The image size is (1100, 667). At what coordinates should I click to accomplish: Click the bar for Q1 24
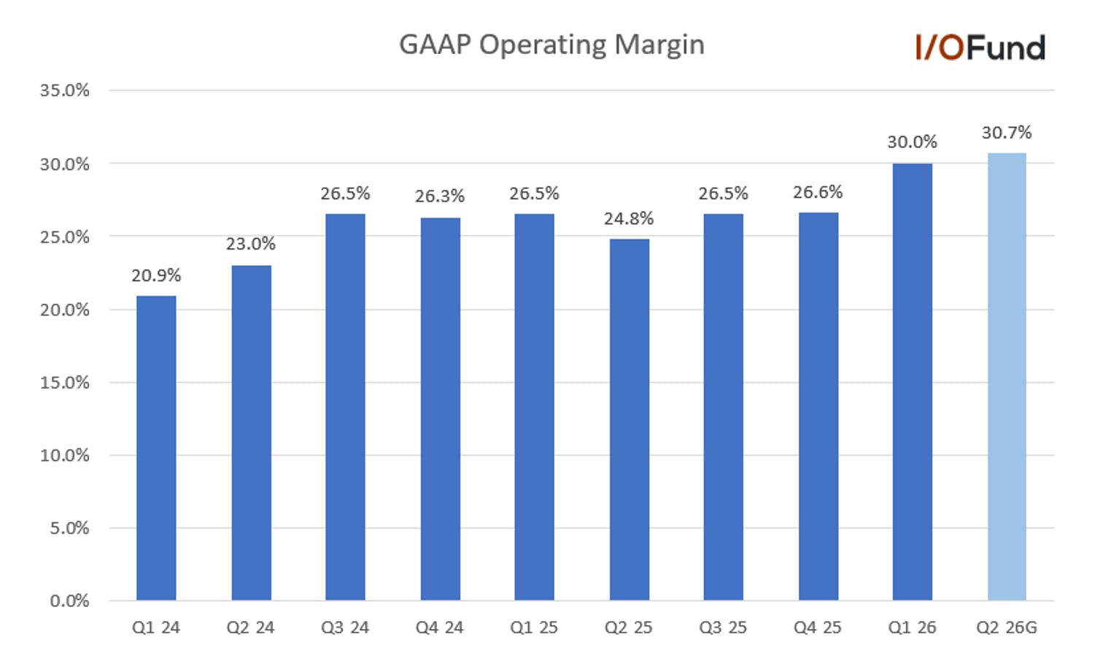coord(156,448)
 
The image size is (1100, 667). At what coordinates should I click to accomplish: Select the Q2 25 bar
coord(630,420)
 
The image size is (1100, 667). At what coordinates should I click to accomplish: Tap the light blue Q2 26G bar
coord(1007,377)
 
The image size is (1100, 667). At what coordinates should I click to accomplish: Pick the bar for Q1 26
coord(913,382)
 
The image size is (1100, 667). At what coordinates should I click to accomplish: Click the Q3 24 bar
coord(345,407)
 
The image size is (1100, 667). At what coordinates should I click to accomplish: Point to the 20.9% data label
coord(156,276)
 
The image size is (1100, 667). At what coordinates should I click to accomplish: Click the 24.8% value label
coord(629,219)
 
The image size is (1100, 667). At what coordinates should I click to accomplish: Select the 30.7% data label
coord(1007,133)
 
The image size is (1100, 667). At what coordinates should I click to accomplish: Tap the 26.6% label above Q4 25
coord(818,192)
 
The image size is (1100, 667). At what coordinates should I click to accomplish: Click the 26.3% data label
coord(440,196)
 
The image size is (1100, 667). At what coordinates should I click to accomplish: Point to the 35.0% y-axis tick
coord(65,90)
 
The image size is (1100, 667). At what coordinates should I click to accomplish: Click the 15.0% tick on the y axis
coord(65,382)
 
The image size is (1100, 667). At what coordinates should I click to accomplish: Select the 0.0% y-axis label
coord(70,601)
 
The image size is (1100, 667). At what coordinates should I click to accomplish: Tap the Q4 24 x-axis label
coord(440,628)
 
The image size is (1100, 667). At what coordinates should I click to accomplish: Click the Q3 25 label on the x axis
coord(723,628)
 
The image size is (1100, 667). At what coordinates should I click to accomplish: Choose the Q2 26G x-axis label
coord(1007,628)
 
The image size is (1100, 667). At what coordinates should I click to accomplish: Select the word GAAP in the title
coord(435,45)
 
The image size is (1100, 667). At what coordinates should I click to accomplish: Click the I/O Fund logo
coord(980,47)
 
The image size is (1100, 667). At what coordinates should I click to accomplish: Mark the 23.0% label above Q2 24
coord(251,244)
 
